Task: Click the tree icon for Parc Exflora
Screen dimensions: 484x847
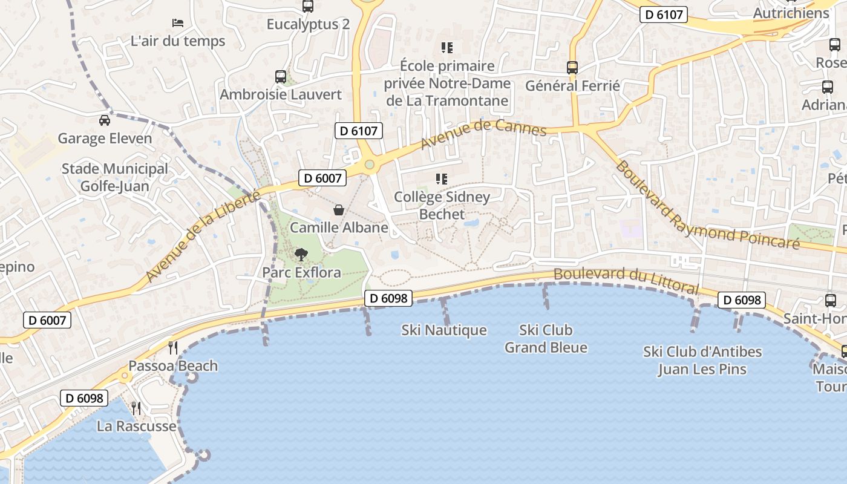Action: pyautogui.click(x=301, y=255)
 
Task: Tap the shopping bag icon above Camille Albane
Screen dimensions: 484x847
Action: pyautogui.click(x=339, y=210)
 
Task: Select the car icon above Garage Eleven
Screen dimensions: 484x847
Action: pyautogui.click(x=105, y=120)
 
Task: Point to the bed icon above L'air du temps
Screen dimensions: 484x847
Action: pyautogui.click(x=178, y=23)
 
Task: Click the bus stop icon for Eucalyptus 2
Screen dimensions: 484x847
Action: pyautogui.click(x=308, y=7)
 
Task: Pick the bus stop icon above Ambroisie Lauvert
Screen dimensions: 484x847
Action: pyautogui.click(x=281, y=77)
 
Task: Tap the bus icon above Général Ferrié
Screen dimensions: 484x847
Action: pyautogui.click(x=572, y=68)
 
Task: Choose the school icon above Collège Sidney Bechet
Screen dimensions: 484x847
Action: pyautogui.click(x=442, y=179)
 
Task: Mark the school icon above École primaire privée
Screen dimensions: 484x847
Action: pyautogui.click(x=447, y=48)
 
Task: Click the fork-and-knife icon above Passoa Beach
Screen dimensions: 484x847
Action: pyautogui.click(x=173, y=347)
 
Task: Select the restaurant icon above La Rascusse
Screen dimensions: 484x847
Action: pyautogui.click(x=136, y=408)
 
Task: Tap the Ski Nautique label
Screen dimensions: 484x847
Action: pyautogui.click(x=444, y=330)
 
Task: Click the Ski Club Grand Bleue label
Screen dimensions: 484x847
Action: pyautogui.click(x=546, y=339)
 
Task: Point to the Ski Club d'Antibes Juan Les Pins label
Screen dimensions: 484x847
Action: pyautogui.click(x=702, y=361)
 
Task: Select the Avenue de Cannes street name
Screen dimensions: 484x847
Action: pyautogui.click(x=483, y=134)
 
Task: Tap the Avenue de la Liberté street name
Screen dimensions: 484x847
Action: pyautogui.click(x=203, y=237)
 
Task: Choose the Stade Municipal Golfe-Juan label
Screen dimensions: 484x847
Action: pyautogui.click(x=115, y=177)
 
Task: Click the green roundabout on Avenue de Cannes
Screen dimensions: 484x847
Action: pyautogui.click(x=369, y=165)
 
